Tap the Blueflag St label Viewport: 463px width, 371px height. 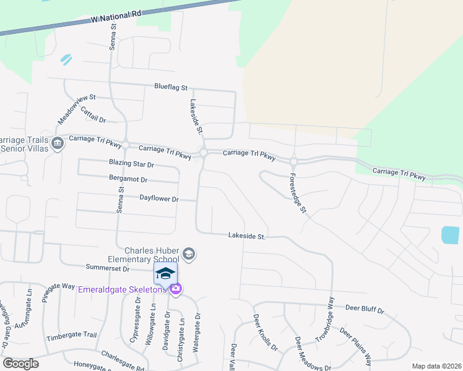coord(170,88)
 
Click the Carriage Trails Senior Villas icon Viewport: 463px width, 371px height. coord(58,143)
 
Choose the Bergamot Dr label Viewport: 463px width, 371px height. coord(128,179)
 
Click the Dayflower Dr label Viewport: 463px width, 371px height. coord(159,199)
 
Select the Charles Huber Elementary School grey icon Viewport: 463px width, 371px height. coord(189,254)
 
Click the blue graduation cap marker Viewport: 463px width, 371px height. coord(165,273)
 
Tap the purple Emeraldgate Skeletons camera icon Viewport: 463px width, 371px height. coord(176,289)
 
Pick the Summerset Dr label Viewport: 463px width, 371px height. coord(108,269)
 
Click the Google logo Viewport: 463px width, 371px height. coord(20,364)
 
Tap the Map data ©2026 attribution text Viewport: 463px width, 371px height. coord(436,366)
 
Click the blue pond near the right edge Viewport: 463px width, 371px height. coord(451,235)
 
